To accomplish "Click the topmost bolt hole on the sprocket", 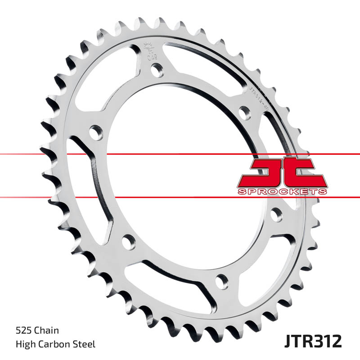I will tap(157, 69).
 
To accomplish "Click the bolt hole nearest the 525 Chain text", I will tap(128, 241).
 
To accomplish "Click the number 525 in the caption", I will tap(22, 331).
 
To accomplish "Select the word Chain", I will tap(48, 331).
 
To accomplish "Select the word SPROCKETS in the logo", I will tap(282, 192).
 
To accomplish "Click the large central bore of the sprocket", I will tap(180, 180).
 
